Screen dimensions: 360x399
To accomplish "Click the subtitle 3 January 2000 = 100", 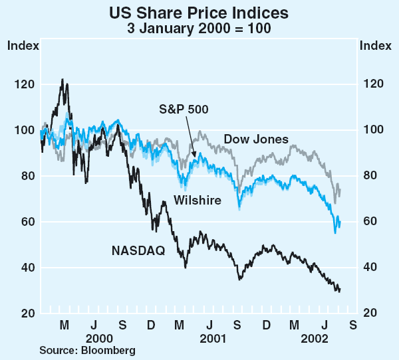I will (199, 29).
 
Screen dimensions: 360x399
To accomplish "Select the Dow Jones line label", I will (256, 139).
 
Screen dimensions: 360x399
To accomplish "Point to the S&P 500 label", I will (184, 110).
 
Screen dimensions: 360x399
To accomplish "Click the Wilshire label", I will (198, 200).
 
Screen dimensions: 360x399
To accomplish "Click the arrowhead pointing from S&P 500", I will (194, 156).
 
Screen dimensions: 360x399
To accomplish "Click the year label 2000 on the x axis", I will (93, 337).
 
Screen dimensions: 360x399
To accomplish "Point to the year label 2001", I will (209, 337).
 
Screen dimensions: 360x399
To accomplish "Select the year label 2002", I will (312, 337).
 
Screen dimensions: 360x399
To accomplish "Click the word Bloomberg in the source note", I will (107, 350).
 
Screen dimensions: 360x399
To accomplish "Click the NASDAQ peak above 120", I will (62, 80).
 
